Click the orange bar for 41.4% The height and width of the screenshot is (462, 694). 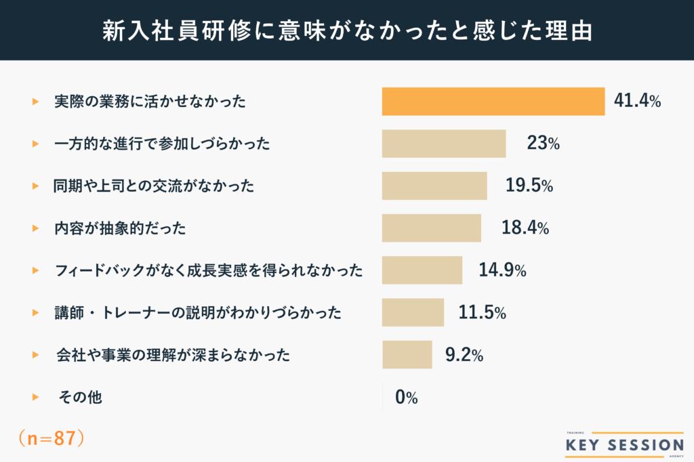493,102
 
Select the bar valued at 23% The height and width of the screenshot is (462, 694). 444,144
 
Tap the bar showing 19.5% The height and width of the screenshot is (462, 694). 434,186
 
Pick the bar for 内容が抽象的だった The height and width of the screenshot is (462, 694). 431,228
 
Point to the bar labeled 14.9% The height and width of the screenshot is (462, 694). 422,270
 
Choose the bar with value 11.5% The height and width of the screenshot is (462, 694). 413,312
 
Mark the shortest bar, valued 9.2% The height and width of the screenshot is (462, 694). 407,354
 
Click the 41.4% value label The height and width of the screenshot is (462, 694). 637,102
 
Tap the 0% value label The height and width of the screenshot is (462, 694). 407,398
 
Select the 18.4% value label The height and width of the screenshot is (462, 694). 525,228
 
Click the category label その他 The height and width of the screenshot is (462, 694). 81,398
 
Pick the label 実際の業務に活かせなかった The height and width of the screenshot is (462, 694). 150,102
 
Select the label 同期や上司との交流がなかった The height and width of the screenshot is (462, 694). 154,186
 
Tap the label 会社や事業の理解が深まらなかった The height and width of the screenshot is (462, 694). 173,355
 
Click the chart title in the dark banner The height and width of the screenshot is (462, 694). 347,30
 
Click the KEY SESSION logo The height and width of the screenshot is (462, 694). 624,444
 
